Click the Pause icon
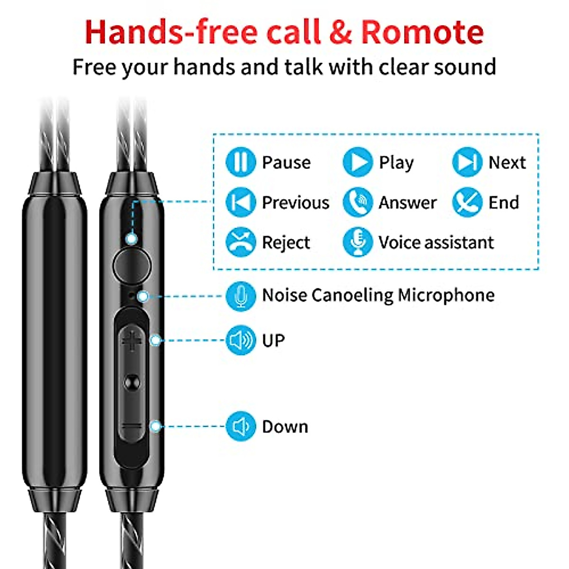(241, 162)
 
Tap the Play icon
(358, 162)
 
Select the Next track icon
(467, 162)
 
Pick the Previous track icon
(241, 202)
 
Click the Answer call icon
(358, 202)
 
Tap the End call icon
(467, 202)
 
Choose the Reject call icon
(241, 242)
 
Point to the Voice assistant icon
(358, 242)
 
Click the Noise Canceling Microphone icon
(241, 296)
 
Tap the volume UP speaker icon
(241, 340)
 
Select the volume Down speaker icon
(241, 426)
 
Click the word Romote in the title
(422, 32)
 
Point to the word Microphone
(446, 295)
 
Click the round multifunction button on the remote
(132, 265)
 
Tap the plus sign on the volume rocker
(132, 340)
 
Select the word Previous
(295, 203)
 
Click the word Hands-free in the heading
(171, 32)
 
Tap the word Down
(285, 427)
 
